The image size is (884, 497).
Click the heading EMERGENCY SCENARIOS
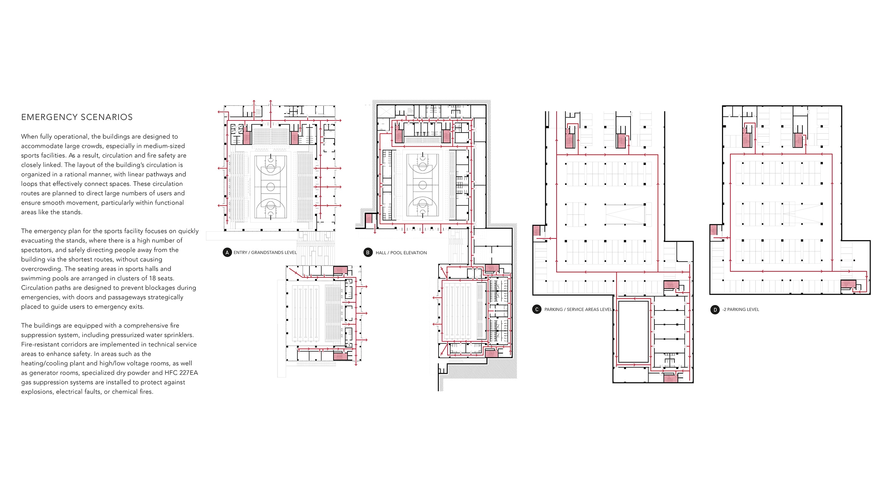tap(77, 117)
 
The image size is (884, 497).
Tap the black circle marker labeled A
tap(227, 252)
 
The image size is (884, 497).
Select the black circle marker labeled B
tap(368, 252)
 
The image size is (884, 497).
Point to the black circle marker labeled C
tap(537, 309)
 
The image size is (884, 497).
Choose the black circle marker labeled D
tap(715, 310)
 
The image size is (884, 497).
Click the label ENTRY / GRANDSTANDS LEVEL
tap(265, 253)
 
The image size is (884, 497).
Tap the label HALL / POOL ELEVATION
tap(401, 253)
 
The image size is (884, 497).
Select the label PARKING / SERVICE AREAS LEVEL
tap(578, 310)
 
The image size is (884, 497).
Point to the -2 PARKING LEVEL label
tap(741, 310)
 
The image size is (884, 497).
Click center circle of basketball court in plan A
tap(271, 187)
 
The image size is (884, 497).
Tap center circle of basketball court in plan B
tap(422, 185)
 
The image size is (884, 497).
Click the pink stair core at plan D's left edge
tap(713, 230)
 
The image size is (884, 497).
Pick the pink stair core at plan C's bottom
tap(671, 378)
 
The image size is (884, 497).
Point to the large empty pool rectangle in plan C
tap(633, 332)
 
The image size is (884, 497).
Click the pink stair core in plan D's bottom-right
tap(848, 285)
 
